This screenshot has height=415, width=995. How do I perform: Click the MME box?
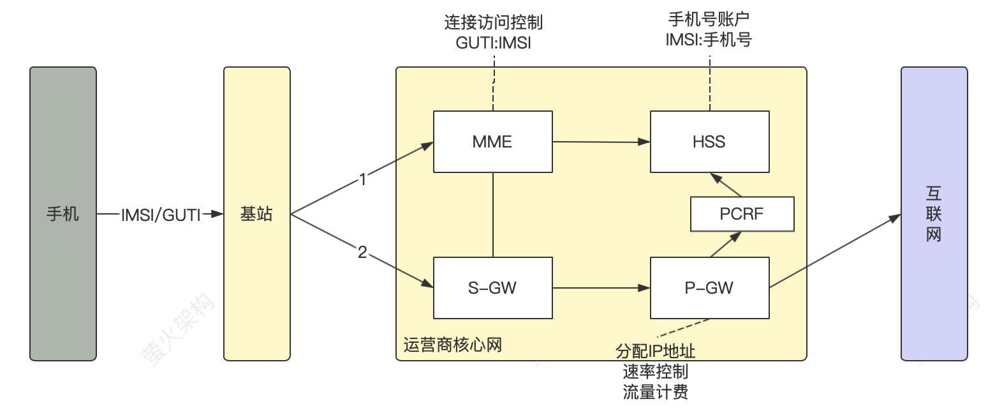point(492,141)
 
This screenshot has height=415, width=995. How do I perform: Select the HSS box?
point(709,141)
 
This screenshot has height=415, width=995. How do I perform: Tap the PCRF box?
point(742,214)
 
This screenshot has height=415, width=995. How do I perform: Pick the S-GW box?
point(492,288)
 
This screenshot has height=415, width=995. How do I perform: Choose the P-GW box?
point(709,288)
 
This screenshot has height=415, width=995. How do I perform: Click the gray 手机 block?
point(63,214)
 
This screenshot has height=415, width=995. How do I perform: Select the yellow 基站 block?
point(256,214)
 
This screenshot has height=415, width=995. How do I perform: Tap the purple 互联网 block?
point(934,214)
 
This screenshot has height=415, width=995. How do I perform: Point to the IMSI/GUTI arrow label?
point(161,215)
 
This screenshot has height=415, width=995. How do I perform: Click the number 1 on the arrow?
point(363,180)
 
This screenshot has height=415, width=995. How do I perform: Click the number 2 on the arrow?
point(363,253)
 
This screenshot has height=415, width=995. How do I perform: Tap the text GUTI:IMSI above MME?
point(494,43)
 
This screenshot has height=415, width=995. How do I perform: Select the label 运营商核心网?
point(453,345)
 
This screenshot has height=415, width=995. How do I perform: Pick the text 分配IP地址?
point(655,352)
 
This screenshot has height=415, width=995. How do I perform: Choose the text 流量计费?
point(655,391)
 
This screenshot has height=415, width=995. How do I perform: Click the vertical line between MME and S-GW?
point(493,215)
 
